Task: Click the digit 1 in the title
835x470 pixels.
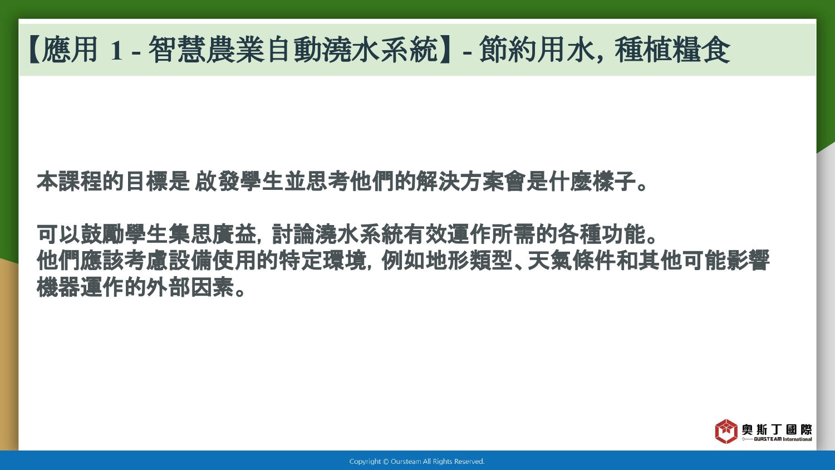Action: pos(116,50)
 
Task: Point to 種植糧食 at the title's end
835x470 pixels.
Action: pos(672,50)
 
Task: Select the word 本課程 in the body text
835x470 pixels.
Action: pos(70,182)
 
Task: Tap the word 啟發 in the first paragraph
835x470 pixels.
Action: pos(216,182)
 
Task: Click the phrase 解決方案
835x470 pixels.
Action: pos(460,182)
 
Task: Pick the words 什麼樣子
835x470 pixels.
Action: pos(592,182)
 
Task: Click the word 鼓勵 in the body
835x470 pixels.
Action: pos(102,234)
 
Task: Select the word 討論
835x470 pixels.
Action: pos(293,234)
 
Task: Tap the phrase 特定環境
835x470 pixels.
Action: pos(322,261)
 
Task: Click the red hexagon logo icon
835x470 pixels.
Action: pos(726,431)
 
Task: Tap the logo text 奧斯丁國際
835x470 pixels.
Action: pos(777,430)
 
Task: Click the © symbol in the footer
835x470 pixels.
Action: pos(386,462)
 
